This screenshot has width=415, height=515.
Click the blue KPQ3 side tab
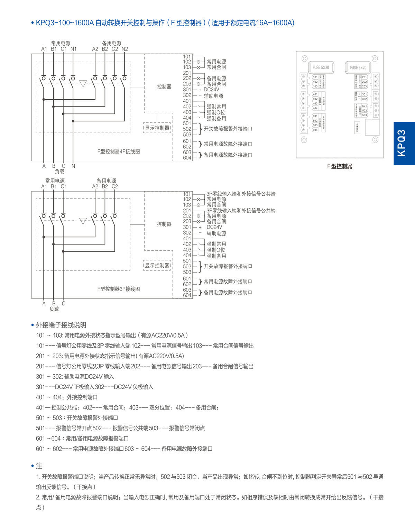point(404,143)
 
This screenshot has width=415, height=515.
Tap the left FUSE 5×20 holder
point(321,67)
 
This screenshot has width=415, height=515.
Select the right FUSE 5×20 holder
point(358,68)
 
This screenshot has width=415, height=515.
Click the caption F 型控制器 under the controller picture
point(340,166)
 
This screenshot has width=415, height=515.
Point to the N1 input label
point(73,49)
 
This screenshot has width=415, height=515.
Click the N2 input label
point(124,49)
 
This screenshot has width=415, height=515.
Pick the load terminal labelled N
point(73,166)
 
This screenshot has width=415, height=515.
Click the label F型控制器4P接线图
point(119,151)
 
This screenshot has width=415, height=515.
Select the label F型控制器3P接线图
point(119,289)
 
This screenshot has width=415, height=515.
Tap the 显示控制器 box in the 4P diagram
point(157,128)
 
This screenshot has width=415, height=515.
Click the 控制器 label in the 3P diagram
point(164,224)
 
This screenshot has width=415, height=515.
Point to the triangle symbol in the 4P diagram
point(83,84)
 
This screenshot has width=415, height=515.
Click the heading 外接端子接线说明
point(61,325)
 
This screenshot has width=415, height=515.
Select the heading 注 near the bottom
point(39,466)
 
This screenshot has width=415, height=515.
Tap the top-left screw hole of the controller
point(304,58)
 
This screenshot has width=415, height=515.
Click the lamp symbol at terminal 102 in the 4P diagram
point(199,62)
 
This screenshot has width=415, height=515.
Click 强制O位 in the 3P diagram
point(216,250)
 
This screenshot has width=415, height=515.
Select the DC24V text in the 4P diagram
point(211,90)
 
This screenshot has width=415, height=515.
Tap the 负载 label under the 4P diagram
point(59,171)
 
